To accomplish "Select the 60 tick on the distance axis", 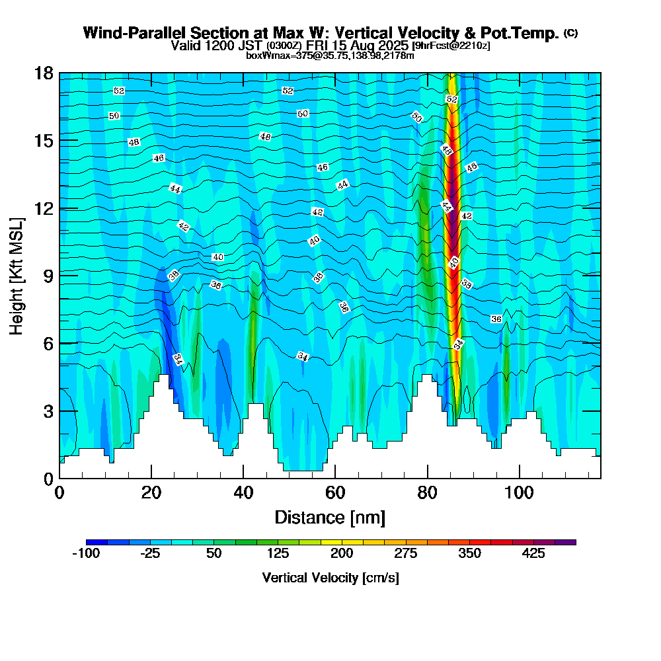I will tap(335, 492).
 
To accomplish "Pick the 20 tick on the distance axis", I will tap(151, 492).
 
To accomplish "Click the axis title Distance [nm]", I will tap(330, 517).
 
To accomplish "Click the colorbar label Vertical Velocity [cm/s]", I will tap(330, 578).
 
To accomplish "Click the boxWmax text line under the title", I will tap(330, 56).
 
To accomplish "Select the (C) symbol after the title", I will tap(570, 33).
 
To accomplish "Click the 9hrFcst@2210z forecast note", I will tap(450, 46).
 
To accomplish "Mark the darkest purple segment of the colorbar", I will tap(570, 542).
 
